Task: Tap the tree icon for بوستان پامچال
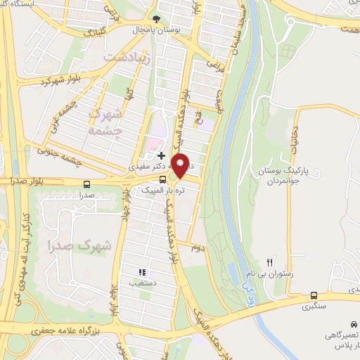click(157, 19)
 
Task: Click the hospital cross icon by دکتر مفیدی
click(162, 155)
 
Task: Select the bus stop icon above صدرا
click(86, 181)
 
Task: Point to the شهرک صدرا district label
click(91, 245)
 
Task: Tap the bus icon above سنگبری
click(314, 295)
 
